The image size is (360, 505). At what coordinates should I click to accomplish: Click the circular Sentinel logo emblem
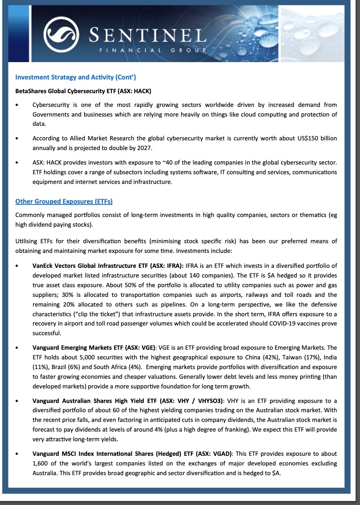coord(61,35)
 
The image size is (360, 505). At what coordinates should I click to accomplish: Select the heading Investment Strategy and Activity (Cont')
coord(75,77)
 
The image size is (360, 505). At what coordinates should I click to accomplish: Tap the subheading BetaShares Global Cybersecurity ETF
coord(83,91)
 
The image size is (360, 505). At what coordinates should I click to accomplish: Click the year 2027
coord(144,148)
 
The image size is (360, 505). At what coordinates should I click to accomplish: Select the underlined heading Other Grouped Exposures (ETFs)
coord(64,201)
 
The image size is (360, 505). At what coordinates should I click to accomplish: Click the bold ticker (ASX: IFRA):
coord(167,266)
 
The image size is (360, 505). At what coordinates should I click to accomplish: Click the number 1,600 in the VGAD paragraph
coord(41,463)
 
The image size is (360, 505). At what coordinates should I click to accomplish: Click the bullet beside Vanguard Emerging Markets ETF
coord(17,348)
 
